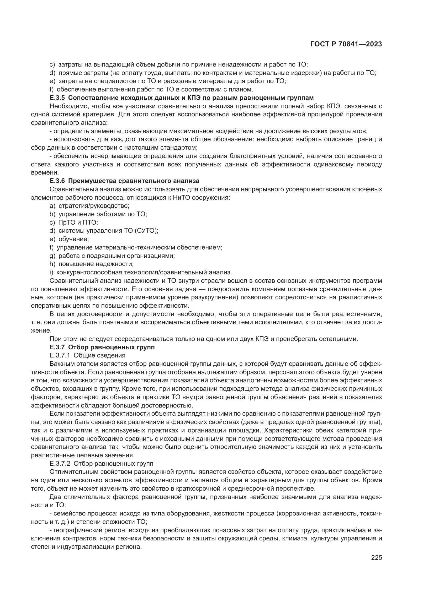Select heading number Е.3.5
[57, 98]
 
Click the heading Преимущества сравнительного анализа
[134, 181]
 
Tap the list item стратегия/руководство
[94, 206]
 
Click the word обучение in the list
[73, 239]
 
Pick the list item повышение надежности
[96, 264]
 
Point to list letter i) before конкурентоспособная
[52, 272]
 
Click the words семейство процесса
[85, 513]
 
